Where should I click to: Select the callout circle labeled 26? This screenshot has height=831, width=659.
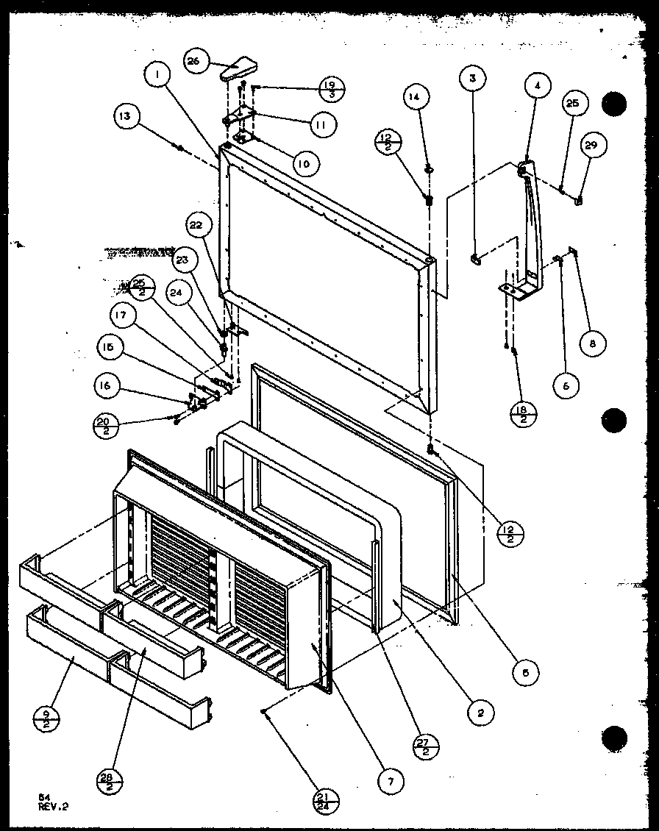[x=193, y=62]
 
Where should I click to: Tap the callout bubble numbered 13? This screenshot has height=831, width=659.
[x=127, y=116]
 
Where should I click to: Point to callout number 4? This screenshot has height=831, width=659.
[x=538, y=85]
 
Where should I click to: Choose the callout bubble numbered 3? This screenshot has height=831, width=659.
[x=473, y=77]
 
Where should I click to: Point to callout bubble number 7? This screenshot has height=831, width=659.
[x=391, y=782]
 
